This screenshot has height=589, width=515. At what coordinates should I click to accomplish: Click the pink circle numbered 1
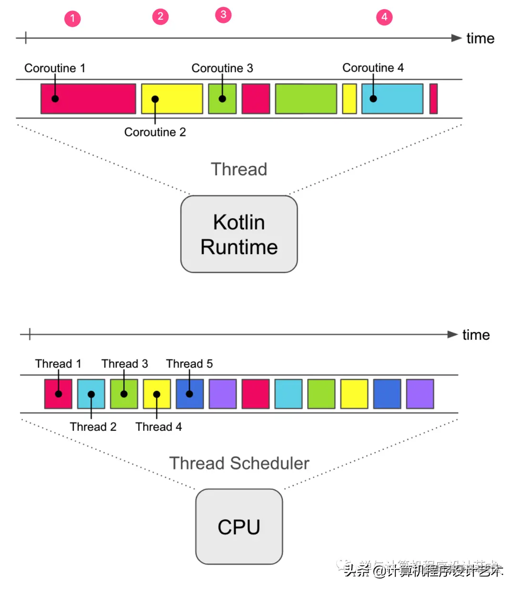pos(72,19)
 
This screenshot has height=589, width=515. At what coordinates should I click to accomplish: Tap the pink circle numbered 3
pos(223,15)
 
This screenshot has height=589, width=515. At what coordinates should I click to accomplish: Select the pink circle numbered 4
pos(384,17)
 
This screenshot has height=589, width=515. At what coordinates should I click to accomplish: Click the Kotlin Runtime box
pos(239,234)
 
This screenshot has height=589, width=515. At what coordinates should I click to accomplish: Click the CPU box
pos(239,527)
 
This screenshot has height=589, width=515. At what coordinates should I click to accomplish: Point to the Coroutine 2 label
pos(155,132)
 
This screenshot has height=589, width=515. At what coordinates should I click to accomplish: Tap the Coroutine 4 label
pos(373,68)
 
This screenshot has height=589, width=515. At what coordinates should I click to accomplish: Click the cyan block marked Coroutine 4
pos(392,99)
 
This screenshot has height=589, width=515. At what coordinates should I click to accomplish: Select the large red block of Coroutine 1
pos(88,99)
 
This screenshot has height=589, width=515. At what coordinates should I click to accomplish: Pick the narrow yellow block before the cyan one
pos(350,99)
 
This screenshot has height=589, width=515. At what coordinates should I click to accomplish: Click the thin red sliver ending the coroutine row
pos(433,99)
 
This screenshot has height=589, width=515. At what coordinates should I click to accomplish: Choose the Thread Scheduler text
pos(239,463)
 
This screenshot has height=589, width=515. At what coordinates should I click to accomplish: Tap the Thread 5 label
pos(189,364)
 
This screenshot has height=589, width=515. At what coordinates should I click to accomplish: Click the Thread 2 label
pos(93,427)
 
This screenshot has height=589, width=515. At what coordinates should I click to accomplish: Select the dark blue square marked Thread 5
pos(190,394)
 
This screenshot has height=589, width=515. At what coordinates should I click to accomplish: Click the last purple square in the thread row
pos(420,394)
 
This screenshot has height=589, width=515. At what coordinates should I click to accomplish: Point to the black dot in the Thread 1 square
pos(59,394)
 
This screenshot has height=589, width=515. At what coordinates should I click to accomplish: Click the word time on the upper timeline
pos(480,39)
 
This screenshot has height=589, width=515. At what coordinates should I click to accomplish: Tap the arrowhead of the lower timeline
pos(453,335)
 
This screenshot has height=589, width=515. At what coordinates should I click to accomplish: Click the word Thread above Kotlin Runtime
pos(239,169)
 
